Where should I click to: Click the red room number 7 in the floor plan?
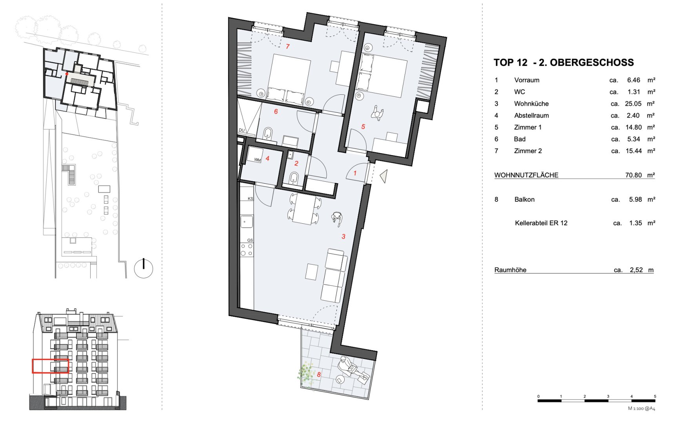coord(287,46)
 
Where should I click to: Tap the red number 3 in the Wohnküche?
coord(343,236)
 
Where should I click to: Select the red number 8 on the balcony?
coord(319,374)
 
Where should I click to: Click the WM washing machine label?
coord(257,160)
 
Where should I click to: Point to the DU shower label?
coord(242,130)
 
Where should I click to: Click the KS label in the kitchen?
coord(250,199)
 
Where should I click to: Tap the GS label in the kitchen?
coord(250,240)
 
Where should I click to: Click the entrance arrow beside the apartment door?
coord(383,176)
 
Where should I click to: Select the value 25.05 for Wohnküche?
coord(633,104)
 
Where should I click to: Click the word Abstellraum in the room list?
coord(531,116)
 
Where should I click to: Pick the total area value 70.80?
coord(633,175)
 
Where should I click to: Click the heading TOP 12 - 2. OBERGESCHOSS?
coord(563,62)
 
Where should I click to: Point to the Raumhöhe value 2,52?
coord(636,270)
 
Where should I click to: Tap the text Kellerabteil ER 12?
coord(541,223)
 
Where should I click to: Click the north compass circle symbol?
coord(144,268)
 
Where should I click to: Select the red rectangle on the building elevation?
coord(50,366)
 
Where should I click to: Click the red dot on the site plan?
coord(67,74)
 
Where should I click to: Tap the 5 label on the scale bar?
coord(655,396)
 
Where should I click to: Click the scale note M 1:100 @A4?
coord(641,409)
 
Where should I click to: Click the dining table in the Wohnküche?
coord(305,209)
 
